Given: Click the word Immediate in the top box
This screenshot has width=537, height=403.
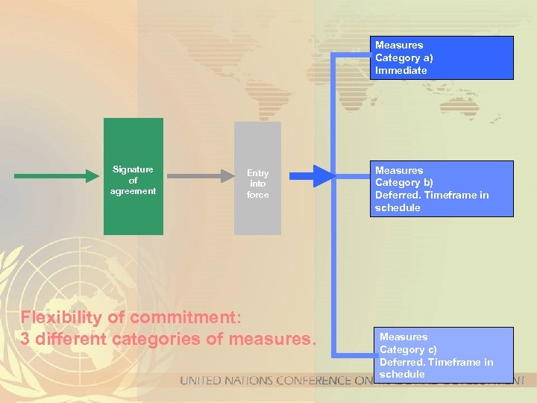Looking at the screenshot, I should point(401,71).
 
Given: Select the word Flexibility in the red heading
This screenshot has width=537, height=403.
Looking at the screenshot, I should point(60,317).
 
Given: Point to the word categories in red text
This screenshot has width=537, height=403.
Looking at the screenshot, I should point(178,338).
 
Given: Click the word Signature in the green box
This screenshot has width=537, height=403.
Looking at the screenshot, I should point(133,169).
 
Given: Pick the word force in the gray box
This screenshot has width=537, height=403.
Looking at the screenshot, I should point(257,195).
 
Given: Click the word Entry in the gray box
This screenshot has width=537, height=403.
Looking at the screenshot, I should point(257,173).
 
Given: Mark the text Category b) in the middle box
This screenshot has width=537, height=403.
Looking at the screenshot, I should point(404,183).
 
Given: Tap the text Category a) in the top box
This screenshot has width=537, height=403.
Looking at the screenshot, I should point(404,58).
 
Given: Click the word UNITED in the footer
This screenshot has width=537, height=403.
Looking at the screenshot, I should point(201,381).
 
